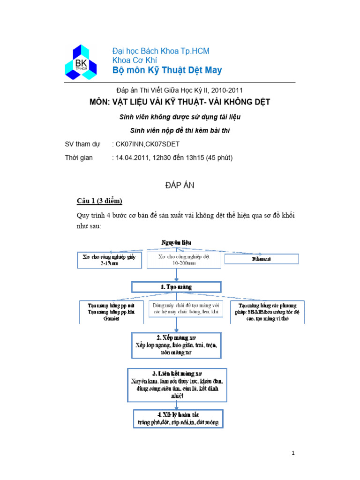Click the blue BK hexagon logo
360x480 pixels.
81,62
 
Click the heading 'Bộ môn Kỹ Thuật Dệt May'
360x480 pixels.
167,70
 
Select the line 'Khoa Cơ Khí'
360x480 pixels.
135,60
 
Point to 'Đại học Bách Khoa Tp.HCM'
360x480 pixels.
161,51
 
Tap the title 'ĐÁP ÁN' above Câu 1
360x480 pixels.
180,186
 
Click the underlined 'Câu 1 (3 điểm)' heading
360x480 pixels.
99,201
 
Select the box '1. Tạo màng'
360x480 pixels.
176,287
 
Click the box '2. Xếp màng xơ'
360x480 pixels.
176,345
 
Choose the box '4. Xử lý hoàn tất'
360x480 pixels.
178,418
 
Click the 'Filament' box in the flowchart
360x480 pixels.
262,259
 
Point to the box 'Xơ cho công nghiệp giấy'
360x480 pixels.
109,260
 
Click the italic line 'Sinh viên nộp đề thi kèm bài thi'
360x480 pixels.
180,130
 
